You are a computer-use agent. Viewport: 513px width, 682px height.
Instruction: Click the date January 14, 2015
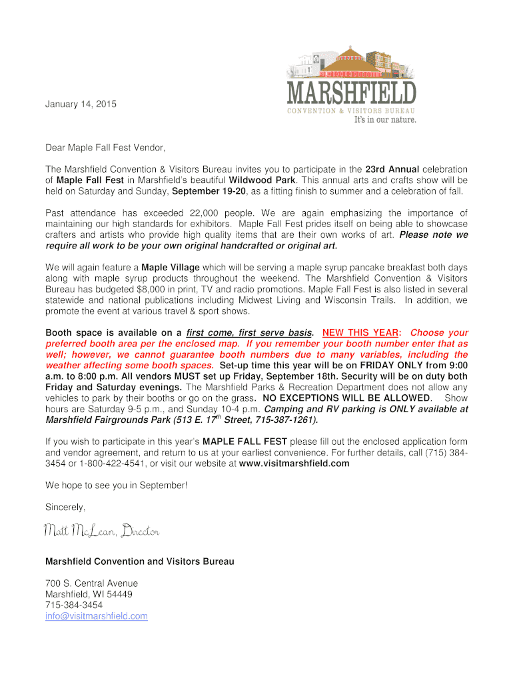pos(80,105)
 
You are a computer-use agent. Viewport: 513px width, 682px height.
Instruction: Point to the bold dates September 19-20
pos(209,191)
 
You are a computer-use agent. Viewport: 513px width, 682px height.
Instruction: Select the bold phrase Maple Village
pos(171,267)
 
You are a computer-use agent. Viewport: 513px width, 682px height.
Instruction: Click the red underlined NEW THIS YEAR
pos(361,332)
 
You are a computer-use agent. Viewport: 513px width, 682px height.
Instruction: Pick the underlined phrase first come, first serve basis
pos(249,332)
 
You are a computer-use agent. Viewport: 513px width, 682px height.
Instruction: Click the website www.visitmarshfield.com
pos(294,464)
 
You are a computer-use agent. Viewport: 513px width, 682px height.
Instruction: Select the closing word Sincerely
pos(65,507)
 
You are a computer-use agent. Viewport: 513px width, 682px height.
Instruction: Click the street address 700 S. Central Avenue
pos(91,583)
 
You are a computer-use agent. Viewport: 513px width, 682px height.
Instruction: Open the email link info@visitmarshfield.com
pos(96,616)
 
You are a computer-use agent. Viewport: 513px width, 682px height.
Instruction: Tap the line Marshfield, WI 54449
pos(89,594)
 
